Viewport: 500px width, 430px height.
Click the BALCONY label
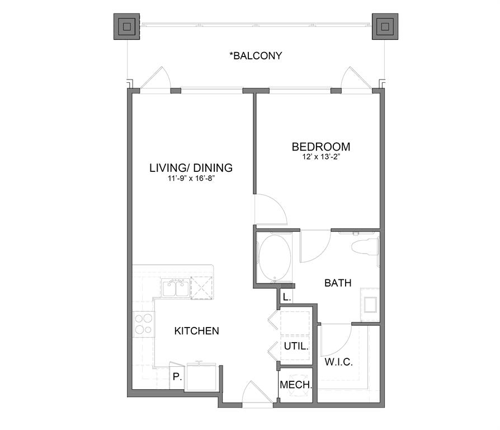click(x=256, y=56)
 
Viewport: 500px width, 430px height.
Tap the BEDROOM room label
click(x=321, y=147)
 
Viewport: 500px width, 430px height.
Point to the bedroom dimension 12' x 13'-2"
click(x=321, y=157)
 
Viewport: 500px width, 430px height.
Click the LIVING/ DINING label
click(x=191, y=167)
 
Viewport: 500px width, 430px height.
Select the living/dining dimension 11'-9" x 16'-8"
click(x=191, y=179)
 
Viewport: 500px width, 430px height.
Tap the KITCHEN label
click(x=197, y=331)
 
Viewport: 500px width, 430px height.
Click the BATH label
click(x=338, y=283)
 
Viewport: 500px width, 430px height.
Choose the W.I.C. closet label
click(x=339, y=362)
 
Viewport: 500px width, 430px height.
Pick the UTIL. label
click(x=296, y=346)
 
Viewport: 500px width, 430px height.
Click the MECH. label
click(x=296, y=385)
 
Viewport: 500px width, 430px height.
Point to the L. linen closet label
click(x=286, y=297)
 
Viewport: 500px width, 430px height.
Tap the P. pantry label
click(x=177, y=377)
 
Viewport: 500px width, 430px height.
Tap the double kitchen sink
click(x=175, y=289)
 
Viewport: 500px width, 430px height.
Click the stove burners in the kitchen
click(x=144, y=323)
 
